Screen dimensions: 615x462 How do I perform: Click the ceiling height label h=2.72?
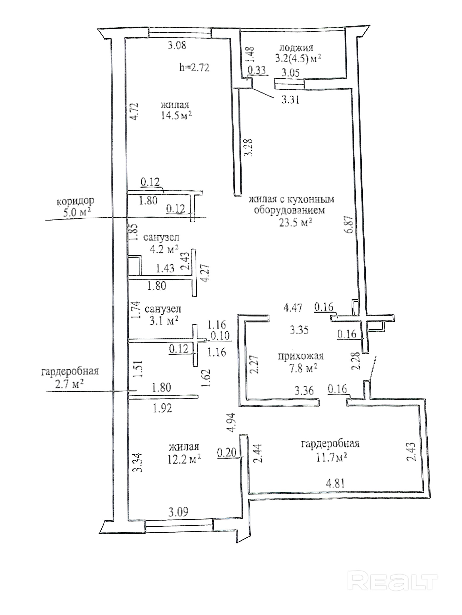pyautogui.click(x=194, y=68)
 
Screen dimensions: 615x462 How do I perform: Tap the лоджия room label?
pyautogui.click(x=296, y=48)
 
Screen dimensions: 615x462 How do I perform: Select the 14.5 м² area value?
pyautogui.click(x=176, y=115)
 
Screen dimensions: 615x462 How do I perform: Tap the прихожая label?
pyautogui.click(x=301, y=356)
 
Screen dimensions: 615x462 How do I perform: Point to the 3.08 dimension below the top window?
pyautogui.click(x=177, y=45)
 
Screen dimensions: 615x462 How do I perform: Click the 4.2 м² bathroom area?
pyautogui.click(x=164, y=250)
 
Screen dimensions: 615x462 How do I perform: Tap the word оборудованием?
pyautogui.click(x=289, y=210)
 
